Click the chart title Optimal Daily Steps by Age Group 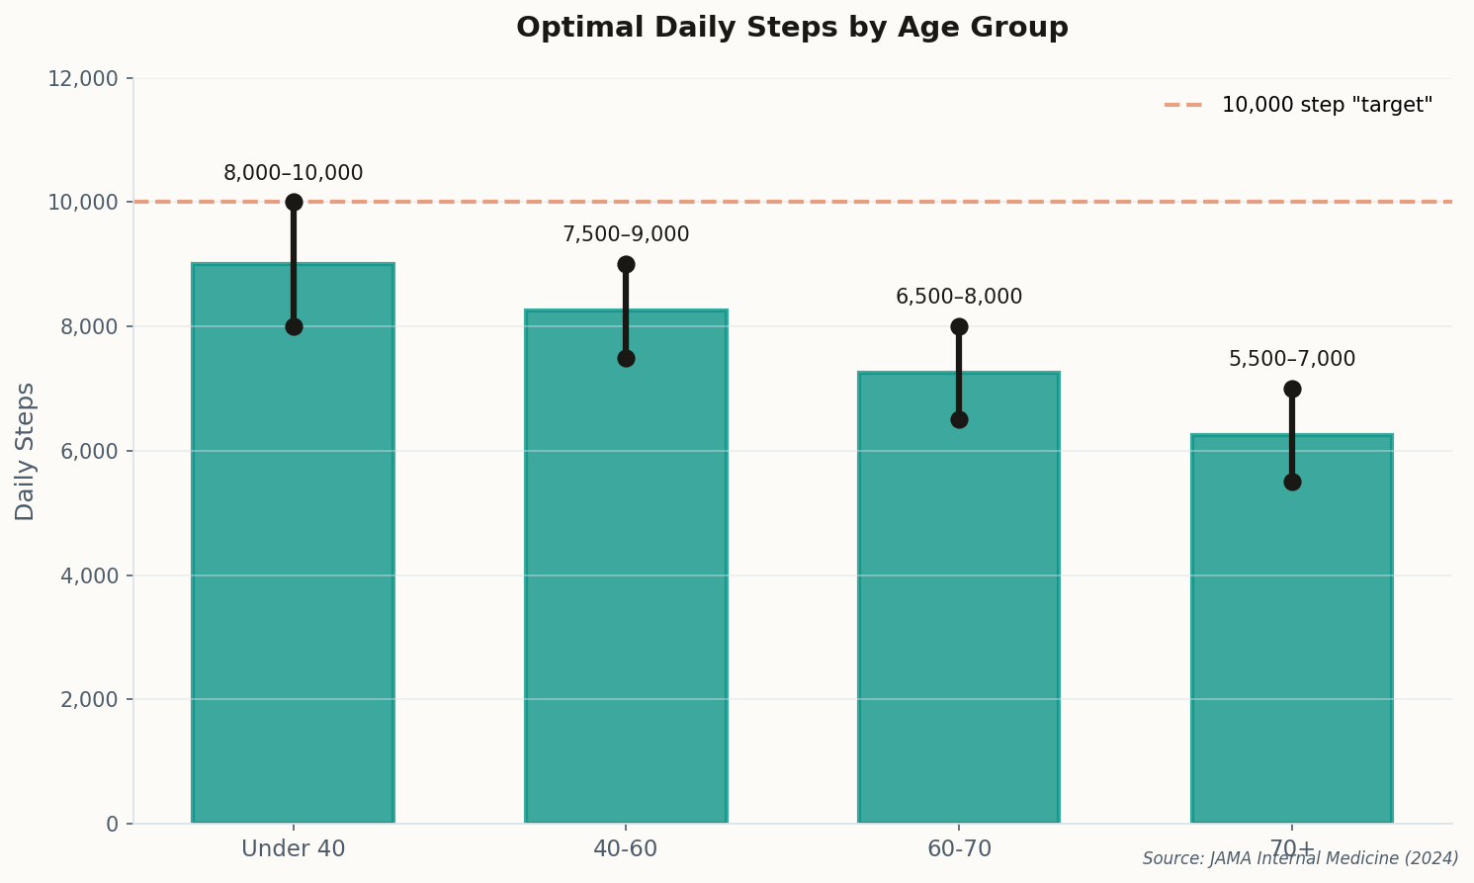(792, 28)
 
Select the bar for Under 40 (294, 574)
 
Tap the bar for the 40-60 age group (626, 593)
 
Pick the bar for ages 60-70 (959, 623)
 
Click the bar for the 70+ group (1292, 653)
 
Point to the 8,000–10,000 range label (294, 174)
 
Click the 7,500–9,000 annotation (626, 235)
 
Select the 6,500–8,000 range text (959, 298)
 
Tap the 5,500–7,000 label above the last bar (1292, 360)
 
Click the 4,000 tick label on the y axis (89, 575)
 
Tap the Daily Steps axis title (26, 451)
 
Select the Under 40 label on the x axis (294, 849)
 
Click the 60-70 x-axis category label (959, 849)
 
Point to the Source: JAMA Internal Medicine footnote (1300, 859)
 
